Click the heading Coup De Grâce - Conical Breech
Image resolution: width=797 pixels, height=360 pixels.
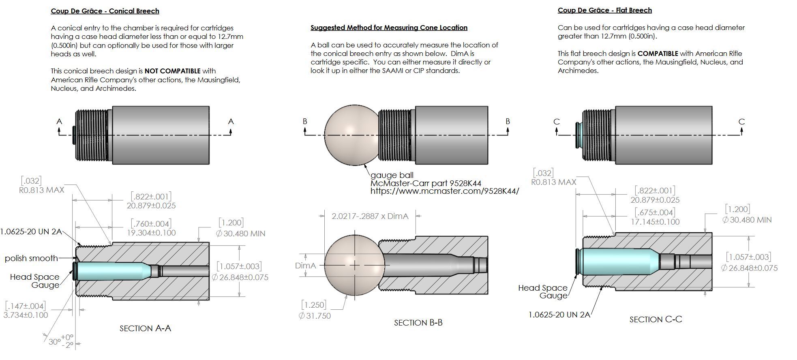click(x=105, y=11)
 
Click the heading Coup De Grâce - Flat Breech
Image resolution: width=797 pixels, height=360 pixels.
click(x=604, y=10)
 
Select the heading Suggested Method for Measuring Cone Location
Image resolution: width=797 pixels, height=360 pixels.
click(x=389, y=28)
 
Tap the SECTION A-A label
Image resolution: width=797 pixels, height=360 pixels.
click(x=145, y=328)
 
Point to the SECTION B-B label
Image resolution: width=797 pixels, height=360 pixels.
click(x=418, y=323)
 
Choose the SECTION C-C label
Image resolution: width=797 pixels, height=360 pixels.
click(x=656, y=319)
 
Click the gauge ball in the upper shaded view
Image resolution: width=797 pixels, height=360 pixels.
click(x=351, y=135)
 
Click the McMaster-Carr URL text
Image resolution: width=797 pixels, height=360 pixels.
click(x=444, y=191)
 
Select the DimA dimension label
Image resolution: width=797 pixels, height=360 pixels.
click(x=305, y=266)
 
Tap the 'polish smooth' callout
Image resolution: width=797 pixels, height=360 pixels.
click(x=31, y=258)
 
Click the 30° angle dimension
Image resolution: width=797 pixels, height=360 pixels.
click(x=55, y=342)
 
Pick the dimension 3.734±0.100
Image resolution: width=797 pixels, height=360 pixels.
click(x=26, y=315)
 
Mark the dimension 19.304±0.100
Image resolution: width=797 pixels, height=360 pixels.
click(x=151, y=233)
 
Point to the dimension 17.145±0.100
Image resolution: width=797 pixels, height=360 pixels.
click(x=655, y=222)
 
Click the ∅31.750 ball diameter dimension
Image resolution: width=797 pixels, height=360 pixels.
click(x=315, y=316)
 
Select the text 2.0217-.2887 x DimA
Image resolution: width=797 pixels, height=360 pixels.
click(x=370, y=216)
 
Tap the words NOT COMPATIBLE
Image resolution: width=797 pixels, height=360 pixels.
click(x=172, y=71)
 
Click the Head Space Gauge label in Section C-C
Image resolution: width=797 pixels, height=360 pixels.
click(x=543, y=291)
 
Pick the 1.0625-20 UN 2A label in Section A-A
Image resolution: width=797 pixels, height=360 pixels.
click(x=31, y=231)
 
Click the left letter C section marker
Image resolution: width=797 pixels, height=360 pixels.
click(x=556, y=122)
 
